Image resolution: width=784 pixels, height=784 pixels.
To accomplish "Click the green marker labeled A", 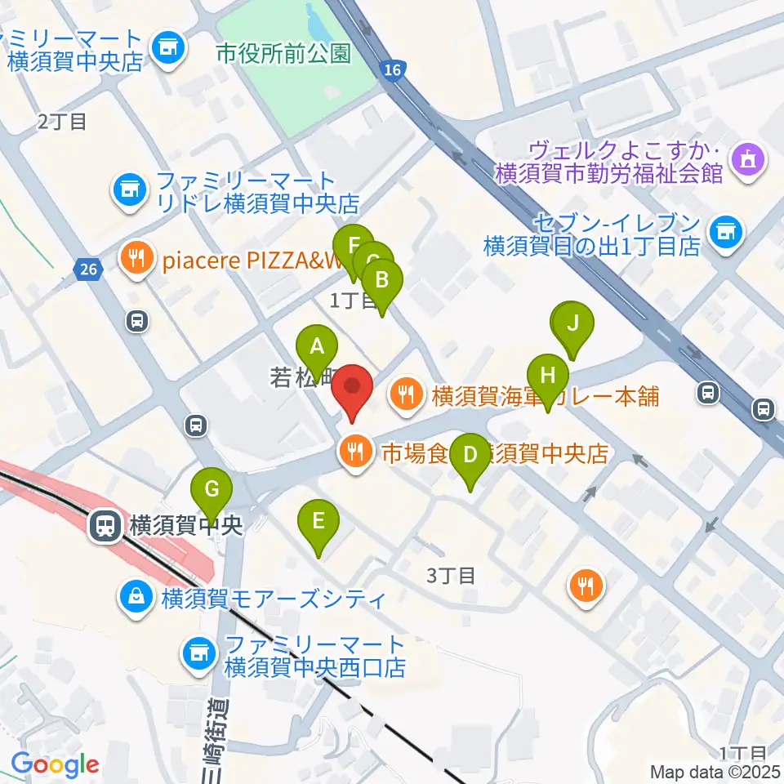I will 317,348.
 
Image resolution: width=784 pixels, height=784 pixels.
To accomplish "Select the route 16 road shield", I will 392,72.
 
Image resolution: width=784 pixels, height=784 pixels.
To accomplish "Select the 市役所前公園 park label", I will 283,55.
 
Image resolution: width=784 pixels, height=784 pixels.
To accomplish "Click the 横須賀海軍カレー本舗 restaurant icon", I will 405,397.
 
